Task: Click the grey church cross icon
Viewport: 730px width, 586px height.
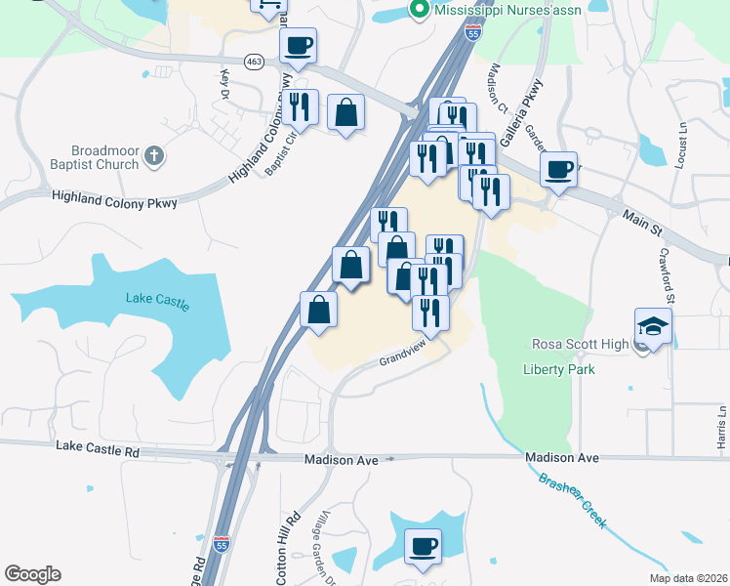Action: (153, 154)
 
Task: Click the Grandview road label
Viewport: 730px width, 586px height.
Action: (404, 355)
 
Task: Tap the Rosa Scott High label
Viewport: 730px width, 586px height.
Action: (581, 344)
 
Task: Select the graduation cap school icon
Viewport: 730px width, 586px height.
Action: (653, 327)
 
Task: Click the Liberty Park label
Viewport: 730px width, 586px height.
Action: (558, 369)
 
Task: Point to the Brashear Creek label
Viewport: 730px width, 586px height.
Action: (572, 497)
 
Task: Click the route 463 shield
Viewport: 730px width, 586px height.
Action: (254, 61)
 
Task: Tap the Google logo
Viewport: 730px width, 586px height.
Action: (32, 574)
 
